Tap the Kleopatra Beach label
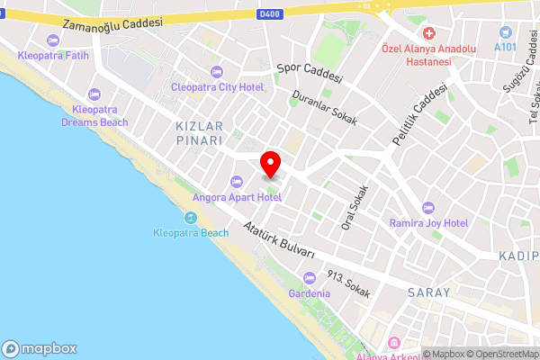pyautogui.click(x=190, y=233)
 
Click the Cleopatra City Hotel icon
pyautogui.click(x=215, y=72)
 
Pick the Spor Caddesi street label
pyautogui.click(x=310, y=73)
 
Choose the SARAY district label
pyautogui.click(x=428, y=293)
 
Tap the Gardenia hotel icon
pyautogui.click(x=310, y=278)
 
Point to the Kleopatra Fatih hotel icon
pyautogui.click(x=52, y=40)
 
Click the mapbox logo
pyautogui.click(x=40, y=348)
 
